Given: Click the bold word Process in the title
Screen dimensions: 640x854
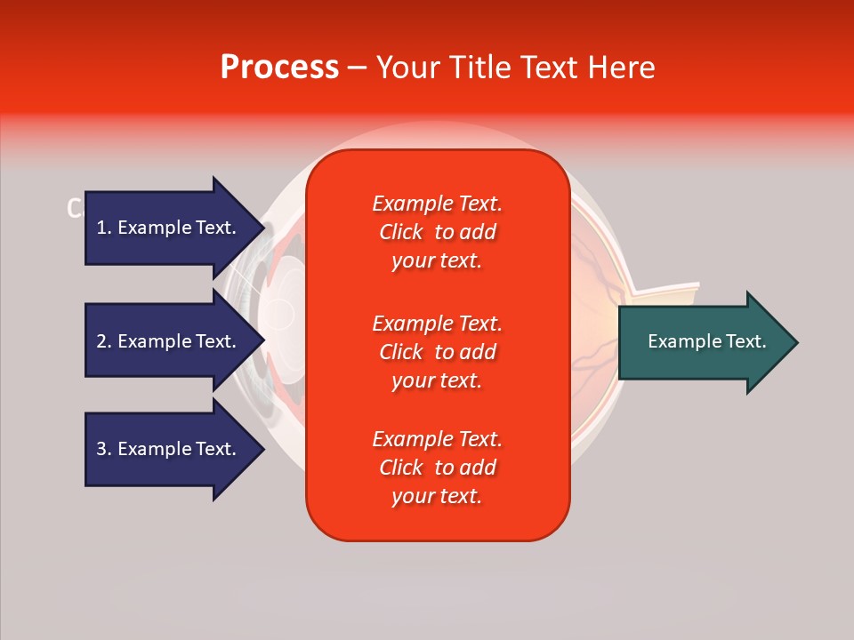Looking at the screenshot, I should point(279,68).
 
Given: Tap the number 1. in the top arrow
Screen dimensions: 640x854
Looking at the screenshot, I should point(104,228).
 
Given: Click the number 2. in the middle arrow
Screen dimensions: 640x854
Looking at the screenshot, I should point(104,341).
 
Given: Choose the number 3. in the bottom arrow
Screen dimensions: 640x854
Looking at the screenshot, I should point(104,449).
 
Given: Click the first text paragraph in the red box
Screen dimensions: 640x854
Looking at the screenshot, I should point(437,232).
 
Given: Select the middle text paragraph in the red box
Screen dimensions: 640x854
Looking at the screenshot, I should point(437,352).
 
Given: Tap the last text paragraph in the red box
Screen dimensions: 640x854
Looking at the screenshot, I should point(437,468).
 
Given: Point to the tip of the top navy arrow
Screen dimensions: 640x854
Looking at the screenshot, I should point(263,228).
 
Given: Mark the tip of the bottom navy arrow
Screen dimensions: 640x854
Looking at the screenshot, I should point(263,449).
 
